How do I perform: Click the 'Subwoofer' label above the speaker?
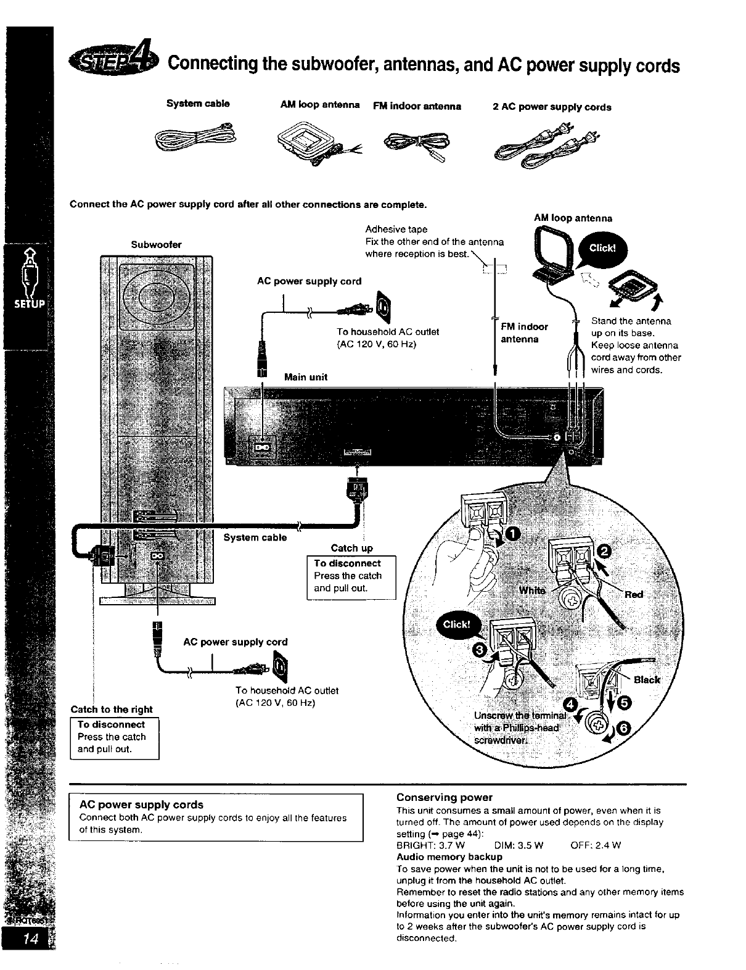pyautogui.click(x=157, y=244)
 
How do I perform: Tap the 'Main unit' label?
pyautogui.click(x=305, y=377)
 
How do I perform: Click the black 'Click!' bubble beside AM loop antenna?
pyautogui.click(x=602, y=249)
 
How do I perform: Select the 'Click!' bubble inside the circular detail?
pyautogui.click(x=456, y=624)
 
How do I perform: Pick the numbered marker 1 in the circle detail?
pyautogui.click(x=513, y=533)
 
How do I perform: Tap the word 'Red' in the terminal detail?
pyautogui.click(x=634, y=594)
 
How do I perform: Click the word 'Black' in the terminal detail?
pyautogui.click(x=647, y=679)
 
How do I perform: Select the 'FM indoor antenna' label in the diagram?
pyautogui.click(x=523, y=333)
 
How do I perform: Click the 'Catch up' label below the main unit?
pyautogui.click(x=351, y=548)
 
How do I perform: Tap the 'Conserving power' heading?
pyautogui.click(x=444, y=797)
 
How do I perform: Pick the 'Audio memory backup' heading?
pyautogui.click(x=449, y=856)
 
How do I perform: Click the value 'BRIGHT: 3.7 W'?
pyautogui.click(x=430, y=845)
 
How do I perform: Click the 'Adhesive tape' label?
pyautogui.click(x=396, y=229)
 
